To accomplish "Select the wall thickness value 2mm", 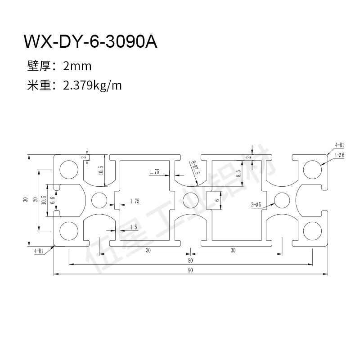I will [x=77, y=67].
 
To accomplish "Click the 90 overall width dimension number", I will [x=190, y=270].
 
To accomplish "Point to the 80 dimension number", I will [x=190, y=260].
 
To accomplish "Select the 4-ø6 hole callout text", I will [x=339, y=155].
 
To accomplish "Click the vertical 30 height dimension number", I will [x=26, y=199].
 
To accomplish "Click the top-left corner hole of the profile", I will [x=68, y=169].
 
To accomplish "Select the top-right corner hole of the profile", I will [x=311, y=169].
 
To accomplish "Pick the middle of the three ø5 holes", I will [x=190, y=199].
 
